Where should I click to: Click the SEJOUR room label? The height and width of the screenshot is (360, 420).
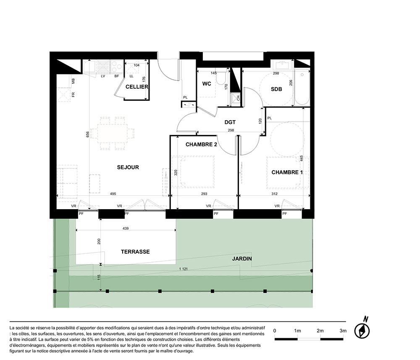pos(128,168)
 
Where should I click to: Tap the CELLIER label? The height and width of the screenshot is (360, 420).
pos(137,87)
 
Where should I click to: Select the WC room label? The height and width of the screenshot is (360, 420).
pos(207,84)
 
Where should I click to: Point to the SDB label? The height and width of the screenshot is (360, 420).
pos(276,89)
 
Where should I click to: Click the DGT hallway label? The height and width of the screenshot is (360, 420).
pos(230,122)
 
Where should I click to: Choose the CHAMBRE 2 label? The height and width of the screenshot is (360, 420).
pos(201,145)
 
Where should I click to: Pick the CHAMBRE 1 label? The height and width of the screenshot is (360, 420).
pos(287,172)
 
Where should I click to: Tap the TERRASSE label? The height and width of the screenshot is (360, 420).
pos(135,252)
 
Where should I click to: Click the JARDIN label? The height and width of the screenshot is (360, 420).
pos(242,259)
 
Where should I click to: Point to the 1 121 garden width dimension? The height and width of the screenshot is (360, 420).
pos(183,269)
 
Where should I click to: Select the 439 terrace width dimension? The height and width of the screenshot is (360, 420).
pos(126,229)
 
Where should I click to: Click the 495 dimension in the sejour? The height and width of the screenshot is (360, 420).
pos(113,194)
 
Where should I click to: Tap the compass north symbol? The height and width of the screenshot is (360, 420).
pos(362,330)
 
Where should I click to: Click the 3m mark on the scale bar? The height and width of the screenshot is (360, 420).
pos(343,331)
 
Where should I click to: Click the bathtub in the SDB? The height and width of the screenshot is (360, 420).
pos(302,87)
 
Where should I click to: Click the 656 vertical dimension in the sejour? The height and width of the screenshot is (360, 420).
pos(88,134)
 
